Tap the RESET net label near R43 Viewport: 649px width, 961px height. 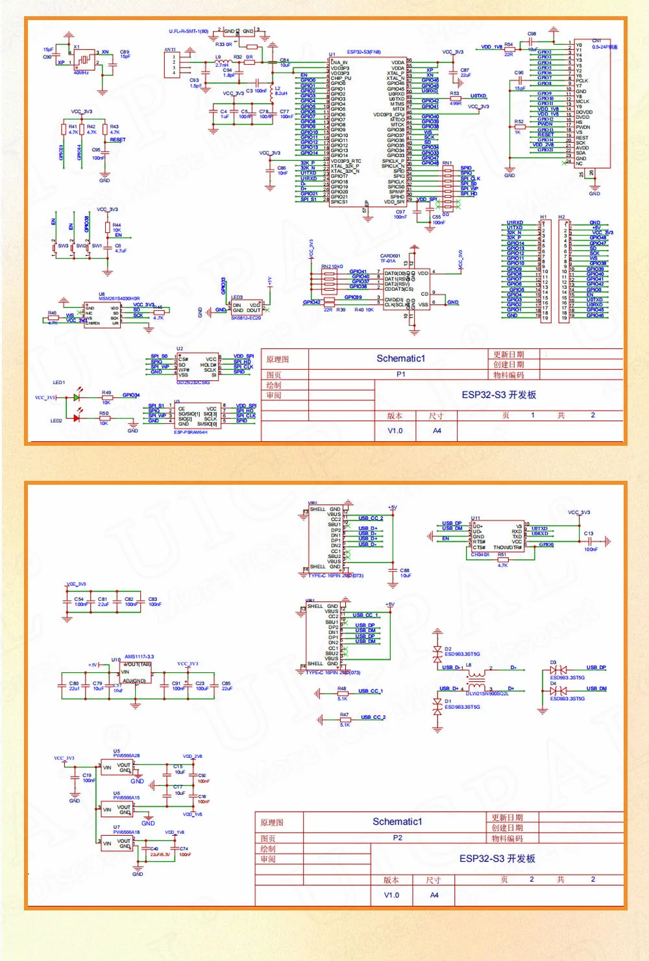tap(117, 140)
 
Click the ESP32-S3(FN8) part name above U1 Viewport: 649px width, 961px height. tap(363, 52)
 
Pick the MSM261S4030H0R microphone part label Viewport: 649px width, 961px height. tap(119, 298)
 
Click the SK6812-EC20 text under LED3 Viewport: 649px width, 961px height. tap(246, 318)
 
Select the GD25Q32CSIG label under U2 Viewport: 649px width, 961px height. tap(193, 382)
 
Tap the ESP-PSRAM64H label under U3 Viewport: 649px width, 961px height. tap(191, 432)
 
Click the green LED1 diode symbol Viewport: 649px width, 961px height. tap(77, 397)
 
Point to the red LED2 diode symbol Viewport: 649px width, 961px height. tap(77, 419)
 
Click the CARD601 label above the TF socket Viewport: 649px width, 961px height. tap(390, 256)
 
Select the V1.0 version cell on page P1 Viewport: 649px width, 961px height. tap(395, 430)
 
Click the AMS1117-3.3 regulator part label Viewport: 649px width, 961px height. tap(139, 657)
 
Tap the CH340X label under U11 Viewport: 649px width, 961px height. tap(480, 555)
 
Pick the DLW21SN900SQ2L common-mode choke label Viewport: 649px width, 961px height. tap(487, 694)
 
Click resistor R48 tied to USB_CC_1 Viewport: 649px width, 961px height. tap(342, 694)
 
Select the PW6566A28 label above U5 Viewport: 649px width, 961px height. tap(126, 755)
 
